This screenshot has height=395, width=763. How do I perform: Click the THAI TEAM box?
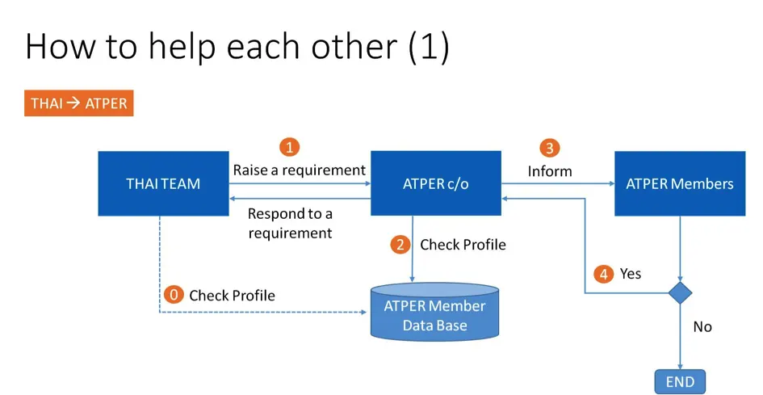(x=163, y=183)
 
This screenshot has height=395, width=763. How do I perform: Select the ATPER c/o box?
(x=436, y=183)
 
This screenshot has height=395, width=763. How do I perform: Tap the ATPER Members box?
(x=680, y=183)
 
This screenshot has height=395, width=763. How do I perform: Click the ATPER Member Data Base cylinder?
(x=434, y=313)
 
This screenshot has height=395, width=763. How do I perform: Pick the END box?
(x=680, y=382)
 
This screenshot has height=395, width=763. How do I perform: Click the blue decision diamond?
(x=680, y=292)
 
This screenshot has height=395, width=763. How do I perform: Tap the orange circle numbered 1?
(x=290, y=146)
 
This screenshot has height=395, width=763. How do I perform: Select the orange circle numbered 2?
(x=400, y=245)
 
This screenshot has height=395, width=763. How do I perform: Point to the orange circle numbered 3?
(x=549, y=148)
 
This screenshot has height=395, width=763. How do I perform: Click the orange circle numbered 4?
(x=603, y=274)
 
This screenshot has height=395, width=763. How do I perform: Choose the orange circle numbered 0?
(x=174, y=295)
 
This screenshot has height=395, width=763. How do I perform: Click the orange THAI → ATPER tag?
(x=79, y=103)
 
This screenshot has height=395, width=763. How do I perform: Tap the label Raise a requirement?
(x=300, y=170)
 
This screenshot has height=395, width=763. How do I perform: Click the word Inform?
(x=550, y=171)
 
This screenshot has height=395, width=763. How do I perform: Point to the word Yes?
(x=630, y=274)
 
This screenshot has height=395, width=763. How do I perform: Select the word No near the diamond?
(x=702, y=327)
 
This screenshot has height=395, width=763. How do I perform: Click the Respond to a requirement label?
(x=290, y=223)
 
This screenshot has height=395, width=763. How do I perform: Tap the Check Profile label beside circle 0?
(x=232, y=295)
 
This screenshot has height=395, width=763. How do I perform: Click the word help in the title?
(x=181, y=47)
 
